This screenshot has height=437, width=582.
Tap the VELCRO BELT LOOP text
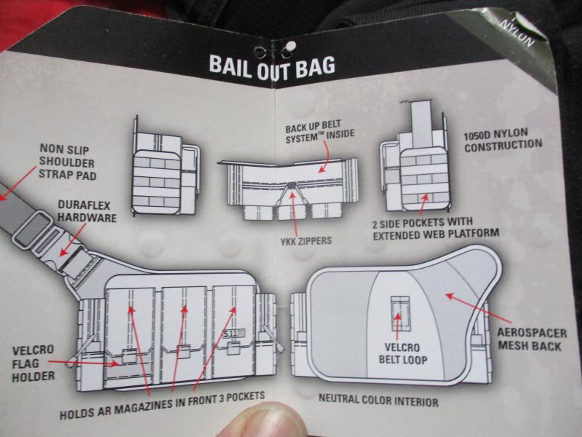click(x=396, y=353)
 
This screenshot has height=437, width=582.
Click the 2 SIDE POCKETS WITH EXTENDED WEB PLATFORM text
click(x=435, y=227)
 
